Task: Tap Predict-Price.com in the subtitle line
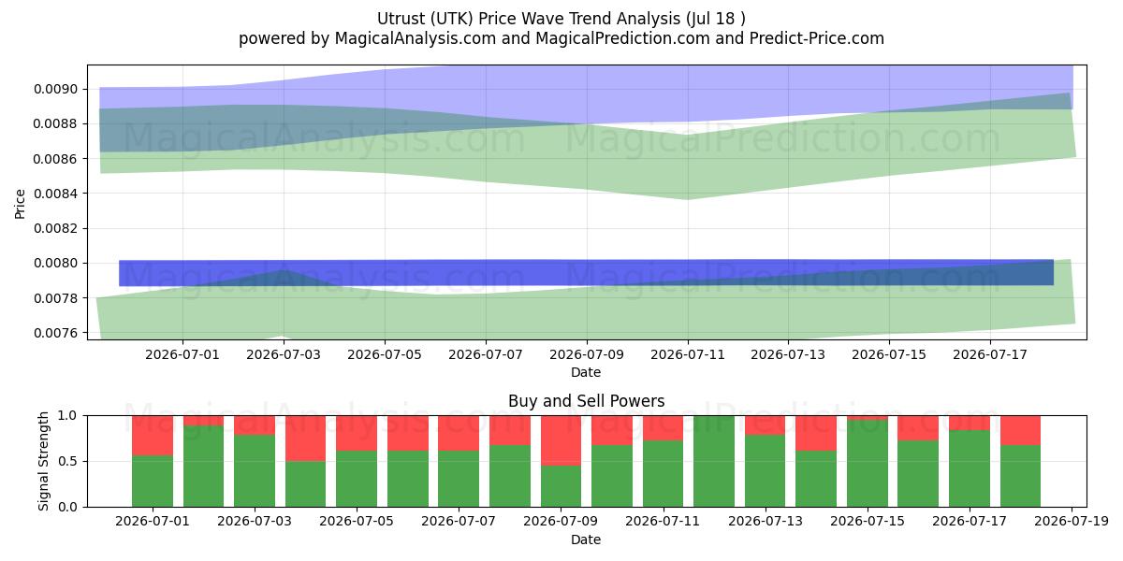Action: (817, 38)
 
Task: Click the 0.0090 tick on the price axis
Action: (56, 89)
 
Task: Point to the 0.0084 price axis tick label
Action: (56, 194)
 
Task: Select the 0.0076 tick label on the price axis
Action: (56, 333)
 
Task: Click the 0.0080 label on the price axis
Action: (56, 264)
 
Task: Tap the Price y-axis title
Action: (20, 204)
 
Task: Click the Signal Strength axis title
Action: (44, 461)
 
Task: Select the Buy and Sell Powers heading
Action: (586, 401)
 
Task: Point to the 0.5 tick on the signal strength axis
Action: (67, 461)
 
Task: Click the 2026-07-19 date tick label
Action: (1072, 522)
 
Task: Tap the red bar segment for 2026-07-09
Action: (561, 440)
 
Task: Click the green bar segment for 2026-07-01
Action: (153, 481)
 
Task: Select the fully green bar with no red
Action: (714, 461)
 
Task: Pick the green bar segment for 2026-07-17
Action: (970, 468)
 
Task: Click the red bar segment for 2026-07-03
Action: (255, 425)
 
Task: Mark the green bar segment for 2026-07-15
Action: (868, 464)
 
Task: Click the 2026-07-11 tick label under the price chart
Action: (687, 355)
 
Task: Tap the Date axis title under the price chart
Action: (586, 373)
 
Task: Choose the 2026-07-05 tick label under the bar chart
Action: (357, 522)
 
